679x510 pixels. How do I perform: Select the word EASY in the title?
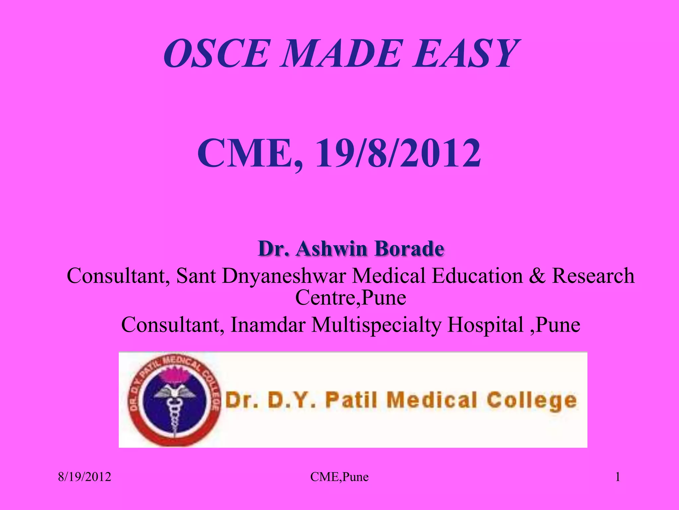(464, 53)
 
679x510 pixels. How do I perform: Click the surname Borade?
(410, 248)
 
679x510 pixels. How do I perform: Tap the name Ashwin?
(332, 248)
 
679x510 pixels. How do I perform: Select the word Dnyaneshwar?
(284, 276)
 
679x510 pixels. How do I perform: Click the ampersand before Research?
(537, 276)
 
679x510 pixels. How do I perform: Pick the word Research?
(593, 276)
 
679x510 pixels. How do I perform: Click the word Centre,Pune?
(350, 297)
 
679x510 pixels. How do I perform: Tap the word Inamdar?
(268, 324)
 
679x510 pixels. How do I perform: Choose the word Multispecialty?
(377, 324)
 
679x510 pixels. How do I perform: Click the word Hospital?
(485, 324)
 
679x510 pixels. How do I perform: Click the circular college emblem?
(173, 398)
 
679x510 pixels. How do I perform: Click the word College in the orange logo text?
(531, 400)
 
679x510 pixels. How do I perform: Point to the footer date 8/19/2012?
(85, 477)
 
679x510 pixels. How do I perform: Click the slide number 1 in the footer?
(618, 477)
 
